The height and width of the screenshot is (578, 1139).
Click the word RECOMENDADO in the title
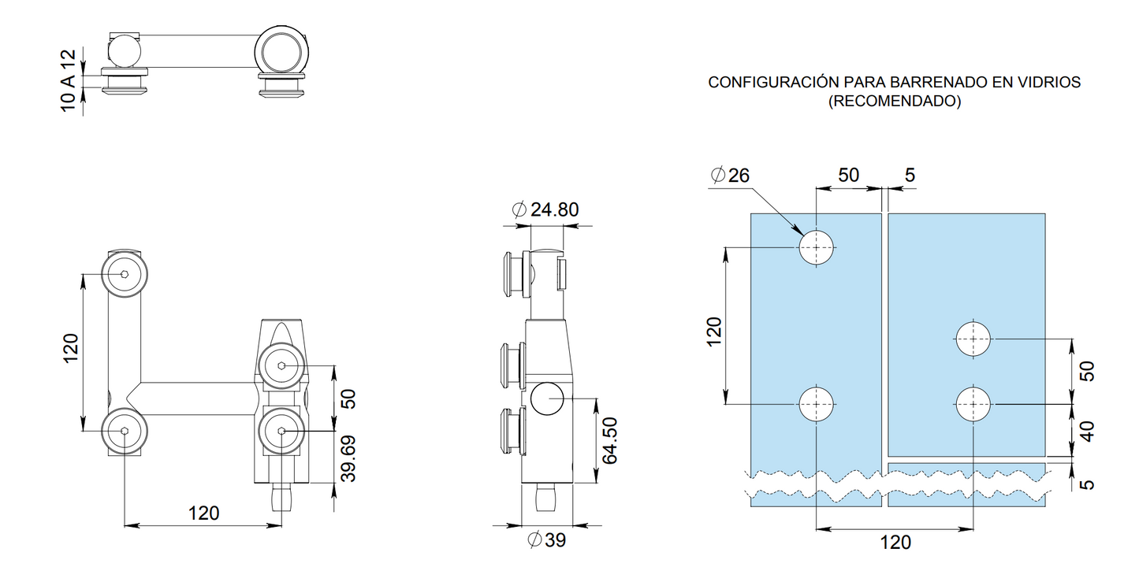click(895, 101)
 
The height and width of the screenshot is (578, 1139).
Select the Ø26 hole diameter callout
click(730, 176)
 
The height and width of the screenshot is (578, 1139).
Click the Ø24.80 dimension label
click(545, 209)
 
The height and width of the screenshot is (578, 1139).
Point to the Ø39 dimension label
click(546, 539)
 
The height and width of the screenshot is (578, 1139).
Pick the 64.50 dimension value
click(609, 440)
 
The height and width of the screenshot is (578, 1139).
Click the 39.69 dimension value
click(348, 458)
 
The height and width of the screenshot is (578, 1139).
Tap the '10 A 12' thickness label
click(68, 80)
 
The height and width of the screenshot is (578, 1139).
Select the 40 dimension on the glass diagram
click(1086, 432)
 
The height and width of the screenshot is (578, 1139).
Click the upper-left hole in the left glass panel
click(816, 248)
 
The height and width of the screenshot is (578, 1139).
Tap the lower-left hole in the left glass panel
click(816, 404)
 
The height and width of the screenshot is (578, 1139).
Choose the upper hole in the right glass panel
click(973, 339)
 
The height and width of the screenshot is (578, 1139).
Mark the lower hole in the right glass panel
click(973, 404)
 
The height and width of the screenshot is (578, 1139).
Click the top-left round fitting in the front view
click(125, 274)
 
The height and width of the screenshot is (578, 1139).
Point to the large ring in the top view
click(281, 52)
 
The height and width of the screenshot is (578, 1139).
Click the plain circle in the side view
click(547, 398)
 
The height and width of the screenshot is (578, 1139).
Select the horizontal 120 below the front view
click(204, 513)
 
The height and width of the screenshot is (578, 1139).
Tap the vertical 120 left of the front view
click(71, 348)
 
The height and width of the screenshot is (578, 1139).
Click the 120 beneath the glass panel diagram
click(895, 543)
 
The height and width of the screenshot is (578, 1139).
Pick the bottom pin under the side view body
click(546, 497)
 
